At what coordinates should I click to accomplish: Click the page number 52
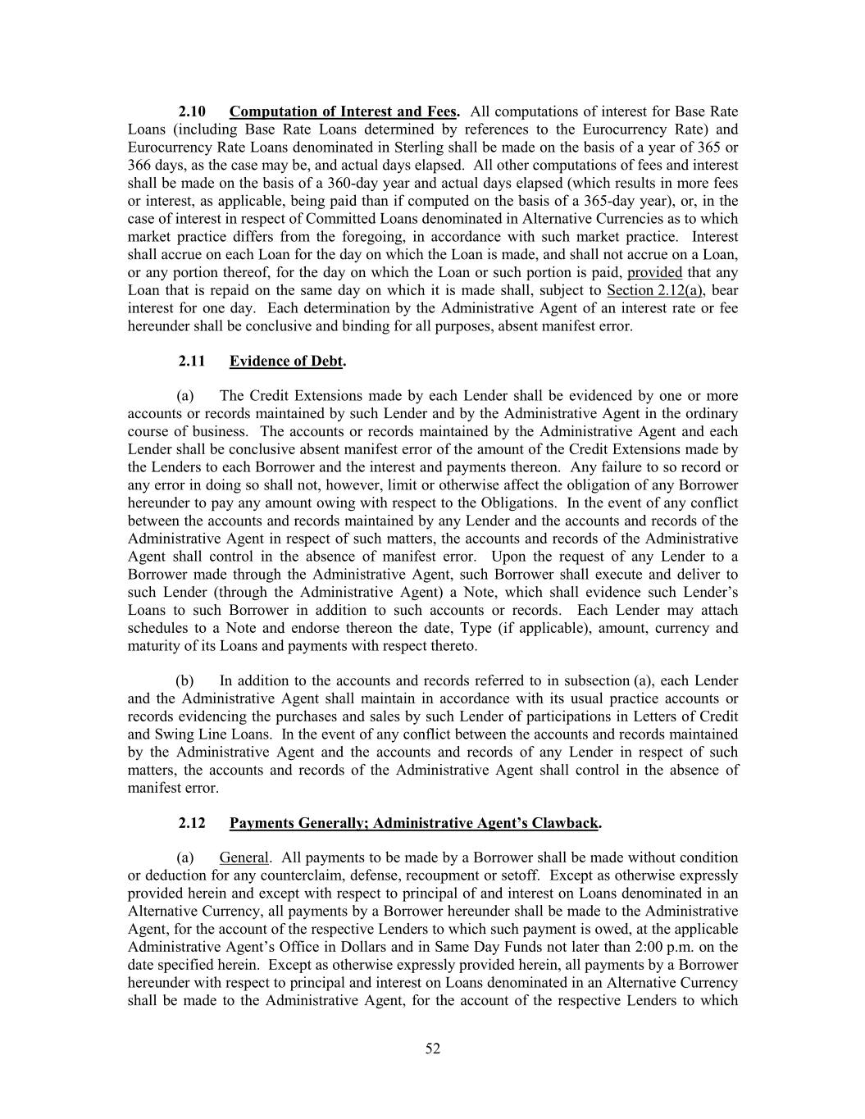pos(433,1048)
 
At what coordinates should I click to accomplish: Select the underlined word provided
pos(654,272)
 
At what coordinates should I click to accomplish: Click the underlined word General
pos(244,858)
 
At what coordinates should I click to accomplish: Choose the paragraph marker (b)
pos(185,681)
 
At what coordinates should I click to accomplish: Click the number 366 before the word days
pos(139,165)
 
